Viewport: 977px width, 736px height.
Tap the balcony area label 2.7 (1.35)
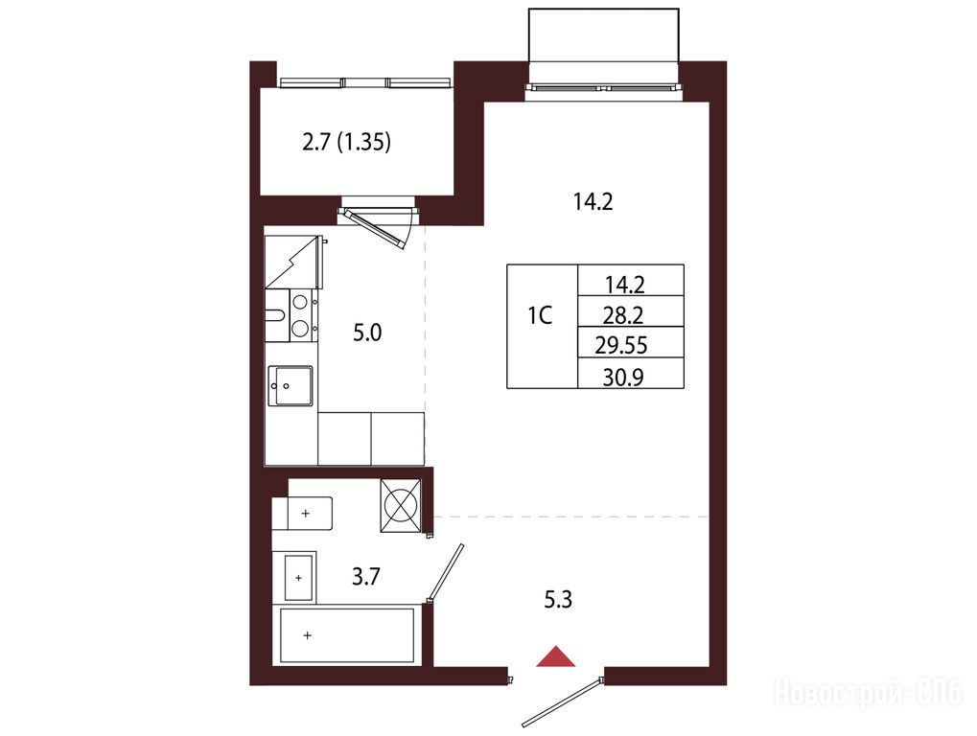click(x=347, y=143)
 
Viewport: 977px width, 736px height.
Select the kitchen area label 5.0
click(x=367, y=333)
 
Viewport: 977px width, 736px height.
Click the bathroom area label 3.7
click(x=365, y=577)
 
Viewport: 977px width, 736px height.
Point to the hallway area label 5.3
click(x=558, y=600)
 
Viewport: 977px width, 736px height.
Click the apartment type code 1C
click(x=540, y=316)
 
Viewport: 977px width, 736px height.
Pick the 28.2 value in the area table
click(x=622, y=316)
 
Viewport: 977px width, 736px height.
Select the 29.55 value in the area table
click(x=621, y=345)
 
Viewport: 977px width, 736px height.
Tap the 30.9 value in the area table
click(x=623, y=378)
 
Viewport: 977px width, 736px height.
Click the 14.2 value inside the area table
click(x=624, y=286)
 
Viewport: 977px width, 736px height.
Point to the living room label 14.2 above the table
click(x=593, y=202)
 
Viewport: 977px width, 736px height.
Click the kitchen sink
click(x=291, y=385)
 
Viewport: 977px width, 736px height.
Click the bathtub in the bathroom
click(x=347, y=635)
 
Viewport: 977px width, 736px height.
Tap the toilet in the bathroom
click(x=303, y=514)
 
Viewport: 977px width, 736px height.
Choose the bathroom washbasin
click(x=298, y=578)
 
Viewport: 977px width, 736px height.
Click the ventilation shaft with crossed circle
click(x=402, y=505)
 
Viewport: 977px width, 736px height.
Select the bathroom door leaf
click(x=446, y=571)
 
